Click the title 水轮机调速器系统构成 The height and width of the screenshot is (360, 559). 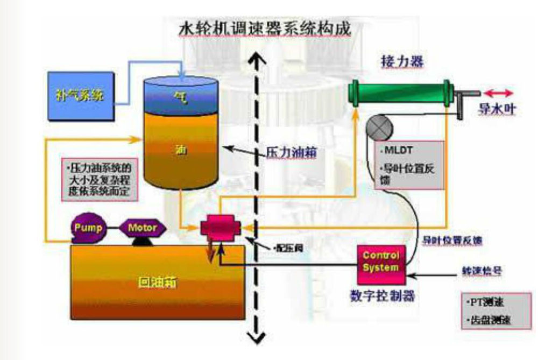tap(265, 29)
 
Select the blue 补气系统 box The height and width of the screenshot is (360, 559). tap(80, 97)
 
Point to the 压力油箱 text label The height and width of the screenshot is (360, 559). tap(291, 152)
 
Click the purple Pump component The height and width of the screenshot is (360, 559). tap(90, 228)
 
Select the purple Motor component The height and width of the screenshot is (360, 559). tap(142, 228)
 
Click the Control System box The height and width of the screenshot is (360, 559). tap(381, 261)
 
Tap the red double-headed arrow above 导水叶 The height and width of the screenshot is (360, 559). tap(498, 93)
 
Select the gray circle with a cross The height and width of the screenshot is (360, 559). tap(379, 129)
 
